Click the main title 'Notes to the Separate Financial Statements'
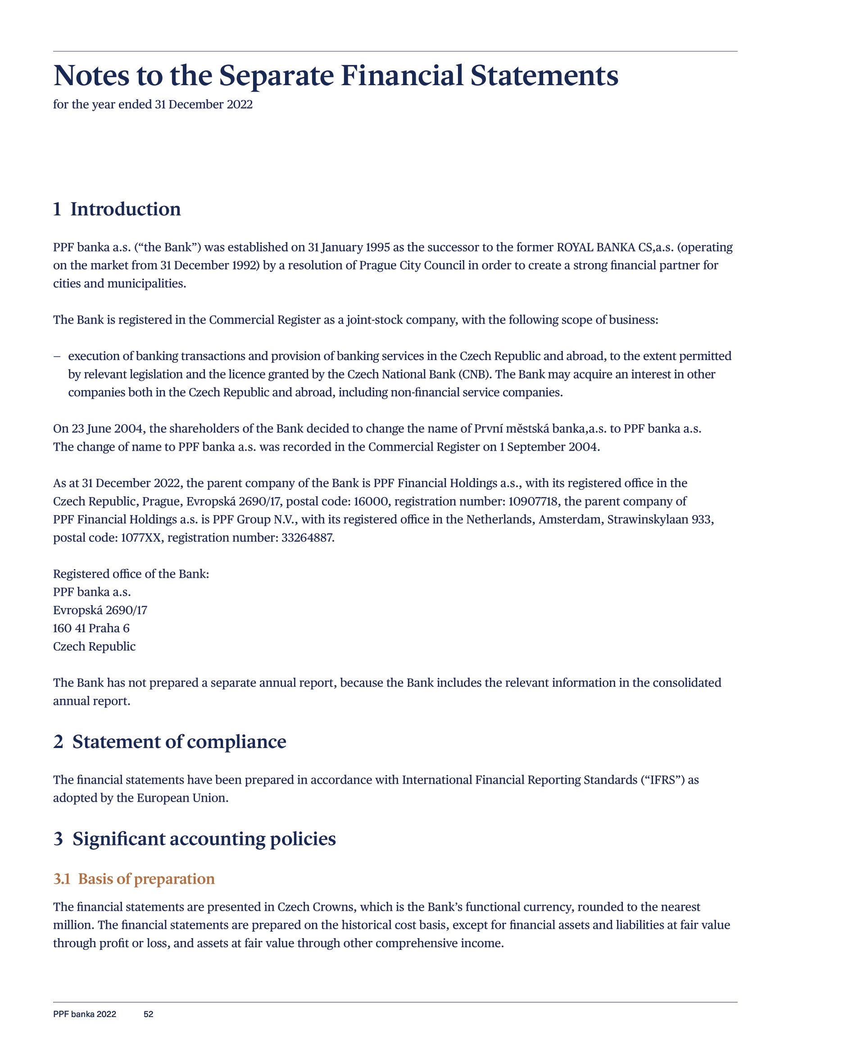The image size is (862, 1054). [x=336, y=76]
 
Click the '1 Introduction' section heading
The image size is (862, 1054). [x=117, y=209]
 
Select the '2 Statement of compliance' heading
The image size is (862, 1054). [x=169, y=742]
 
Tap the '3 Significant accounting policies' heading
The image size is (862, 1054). [x=194, y=839]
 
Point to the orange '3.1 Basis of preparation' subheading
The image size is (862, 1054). [x=134, y=879]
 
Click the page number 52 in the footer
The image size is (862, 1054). [x=149, y=1014]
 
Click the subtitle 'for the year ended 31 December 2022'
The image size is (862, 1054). [x=153, y=104]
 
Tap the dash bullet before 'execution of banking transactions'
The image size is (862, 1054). [x=57, y=356]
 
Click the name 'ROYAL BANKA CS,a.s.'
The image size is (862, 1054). [x=614, y=247]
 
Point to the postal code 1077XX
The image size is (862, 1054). [x=141, y=538]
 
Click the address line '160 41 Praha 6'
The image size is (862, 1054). [x=91, y=628]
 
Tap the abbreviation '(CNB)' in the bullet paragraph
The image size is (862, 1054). [x=474, y=374]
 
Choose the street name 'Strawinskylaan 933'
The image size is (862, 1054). [x=660, y=520]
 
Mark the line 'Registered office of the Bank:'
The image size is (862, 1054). [x=131, y=574]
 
